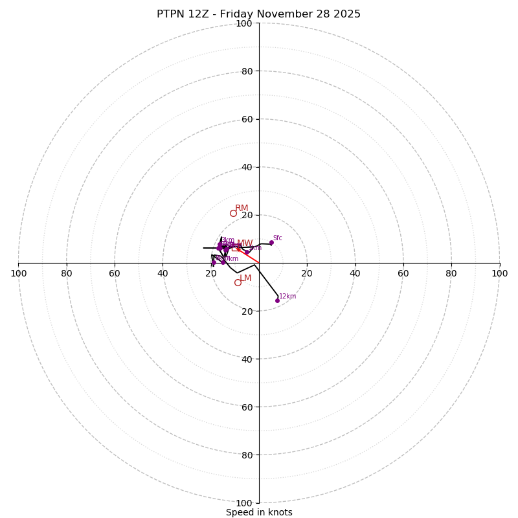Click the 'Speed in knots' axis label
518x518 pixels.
(x=259, y=512)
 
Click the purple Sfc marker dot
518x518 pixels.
(x=271, y=243)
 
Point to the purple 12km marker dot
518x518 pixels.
(x=277, y=300)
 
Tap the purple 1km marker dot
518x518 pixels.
(x=246, y=251)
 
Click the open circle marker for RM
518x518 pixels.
(x=233, y=213)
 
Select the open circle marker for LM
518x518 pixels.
(x=238, y=282)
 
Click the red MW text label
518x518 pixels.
(x=245, y=243)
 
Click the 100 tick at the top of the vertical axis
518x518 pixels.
(x=244, y=23)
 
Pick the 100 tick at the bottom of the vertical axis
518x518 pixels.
(x=244, y=503)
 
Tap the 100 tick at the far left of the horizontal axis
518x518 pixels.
(x=19, y=273)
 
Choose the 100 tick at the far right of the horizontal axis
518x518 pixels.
(x=499, y=273)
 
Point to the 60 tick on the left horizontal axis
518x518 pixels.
(x=115, y=273)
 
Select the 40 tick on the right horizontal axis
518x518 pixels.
(x=355, y=273)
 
